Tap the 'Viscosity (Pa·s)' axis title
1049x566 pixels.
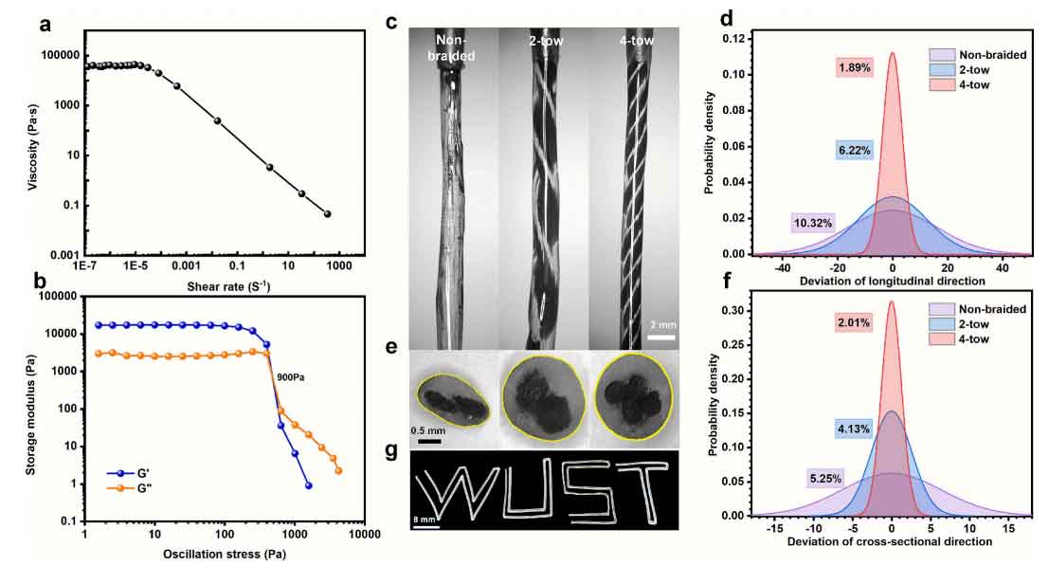tap(34, 144)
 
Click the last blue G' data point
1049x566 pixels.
tap(308, 485)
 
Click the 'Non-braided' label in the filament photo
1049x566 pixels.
tap(454, 47)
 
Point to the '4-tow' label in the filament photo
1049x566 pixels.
tap(635, 40)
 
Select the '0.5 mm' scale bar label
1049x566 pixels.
tap(429, 429)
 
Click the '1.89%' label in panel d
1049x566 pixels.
tap(854, 67)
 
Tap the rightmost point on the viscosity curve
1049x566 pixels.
tap(327, 214)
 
